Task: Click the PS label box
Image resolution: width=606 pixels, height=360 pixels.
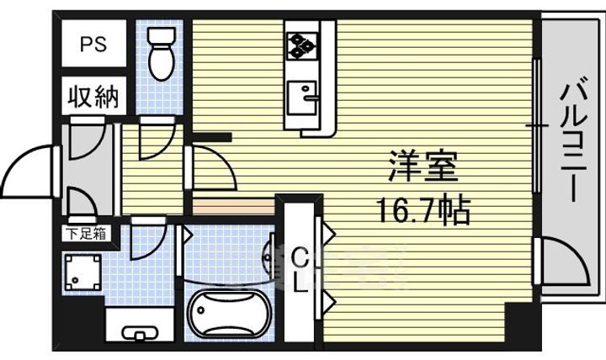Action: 93,45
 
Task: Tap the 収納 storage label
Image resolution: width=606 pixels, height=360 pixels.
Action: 93,96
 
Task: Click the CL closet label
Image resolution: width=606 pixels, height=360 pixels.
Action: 300,269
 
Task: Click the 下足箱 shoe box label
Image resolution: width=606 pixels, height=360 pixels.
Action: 88,233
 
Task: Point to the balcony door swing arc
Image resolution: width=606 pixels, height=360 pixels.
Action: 562,262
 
